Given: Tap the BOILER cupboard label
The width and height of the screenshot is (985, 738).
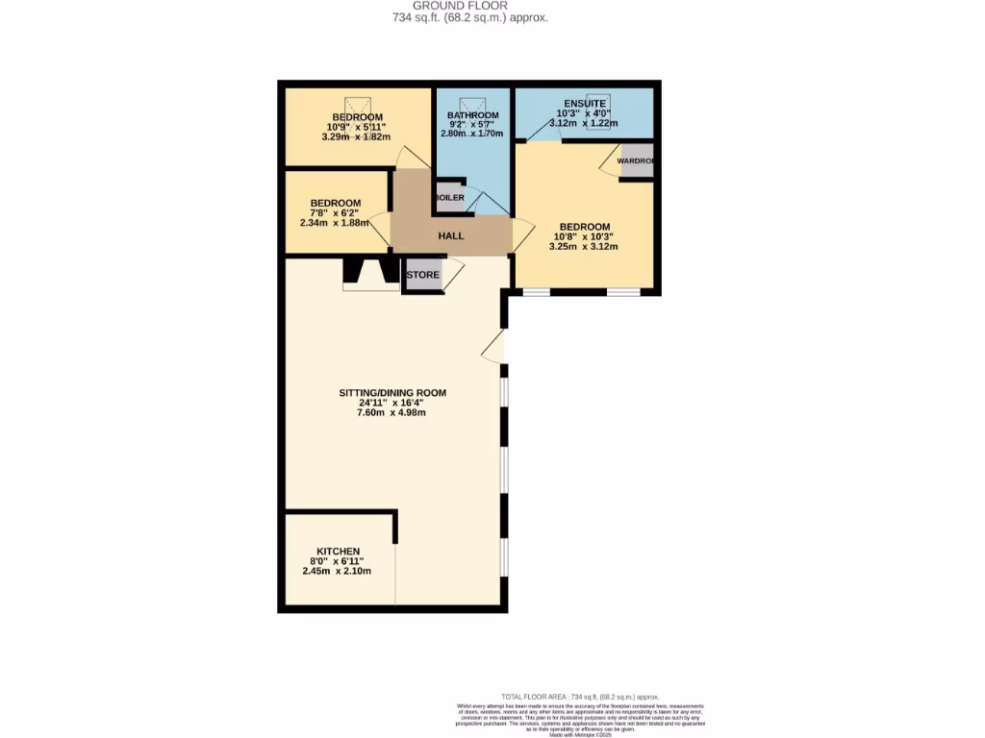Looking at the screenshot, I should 449,198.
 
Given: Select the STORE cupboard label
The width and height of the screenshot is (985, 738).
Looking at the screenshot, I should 423,275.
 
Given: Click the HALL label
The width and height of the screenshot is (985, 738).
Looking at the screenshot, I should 451,235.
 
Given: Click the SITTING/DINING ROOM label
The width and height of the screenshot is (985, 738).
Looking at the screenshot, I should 392,393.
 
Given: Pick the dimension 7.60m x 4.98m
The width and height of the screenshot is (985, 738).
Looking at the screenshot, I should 392,413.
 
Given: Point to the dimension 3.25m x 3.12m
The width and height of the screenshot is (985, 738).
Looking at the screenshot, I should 583,247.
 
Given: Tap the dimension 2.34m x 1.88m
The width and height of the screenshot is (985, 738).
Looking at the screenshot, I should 335,223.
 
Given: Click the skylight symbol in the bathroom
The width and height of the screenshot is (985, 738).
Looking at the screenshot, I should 471,104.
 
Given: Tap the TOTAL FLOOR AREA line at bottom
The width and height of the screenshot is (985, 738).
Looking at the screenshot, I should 580,697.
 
